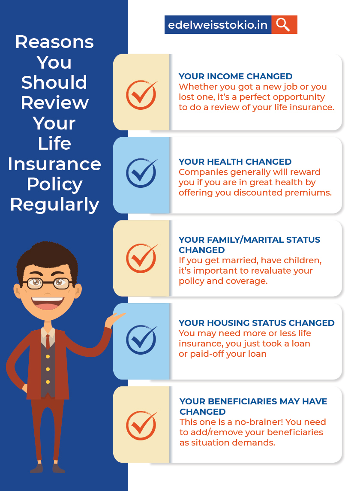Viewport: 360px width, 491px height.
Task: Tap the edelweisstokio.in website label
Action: (x=218, y=25)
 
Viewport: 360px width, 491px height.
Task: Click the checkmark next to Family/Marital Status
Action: (x=141, y=258)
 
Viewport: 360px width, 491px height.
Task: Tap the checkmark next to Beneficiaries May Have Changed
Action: (x=141, y=425)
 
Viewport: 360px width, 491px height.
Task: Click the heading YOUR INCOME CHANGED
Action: (x=235, y=77)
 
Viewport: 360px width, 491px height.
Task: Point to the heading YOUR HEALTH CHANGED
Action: (x=235, y=162)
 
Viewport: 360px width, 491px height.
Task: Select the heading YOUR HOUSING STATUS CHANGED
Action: (x=256, y=323)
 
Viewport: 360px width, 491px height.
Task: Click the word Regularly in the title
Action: (x=54, y=205)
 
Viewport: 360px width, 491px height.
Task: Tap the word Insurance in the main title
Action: (x=54, y=164)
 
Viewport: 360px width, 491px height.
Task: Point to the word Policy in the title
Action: (x=54, y=184)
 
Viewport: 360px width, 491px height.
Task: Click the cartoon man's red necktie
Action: (x=48, y=341)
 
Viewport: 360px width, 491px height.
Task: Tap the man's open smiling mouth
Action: (x=47, y=302)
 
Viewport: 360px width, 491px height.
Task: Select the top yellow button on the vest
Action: (x=48, y=356)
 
